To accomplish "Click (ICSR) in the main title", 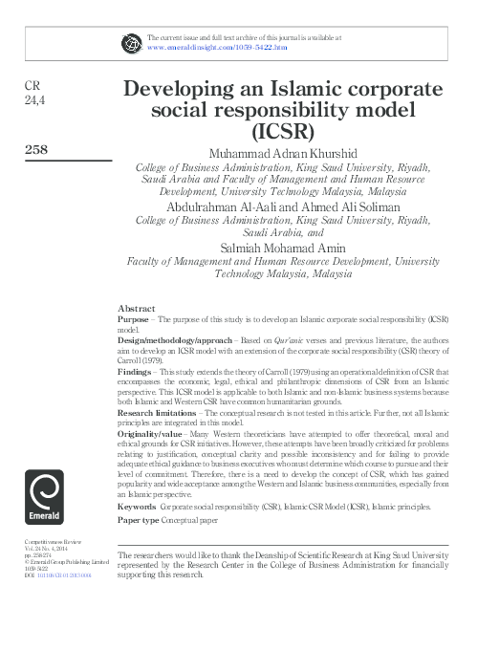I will (283, 132).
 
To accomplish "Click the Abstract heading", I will (136, 309).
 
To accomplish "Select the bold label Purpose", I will (133, 318).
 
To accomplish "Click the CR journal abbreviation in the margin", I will (32, 85).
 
